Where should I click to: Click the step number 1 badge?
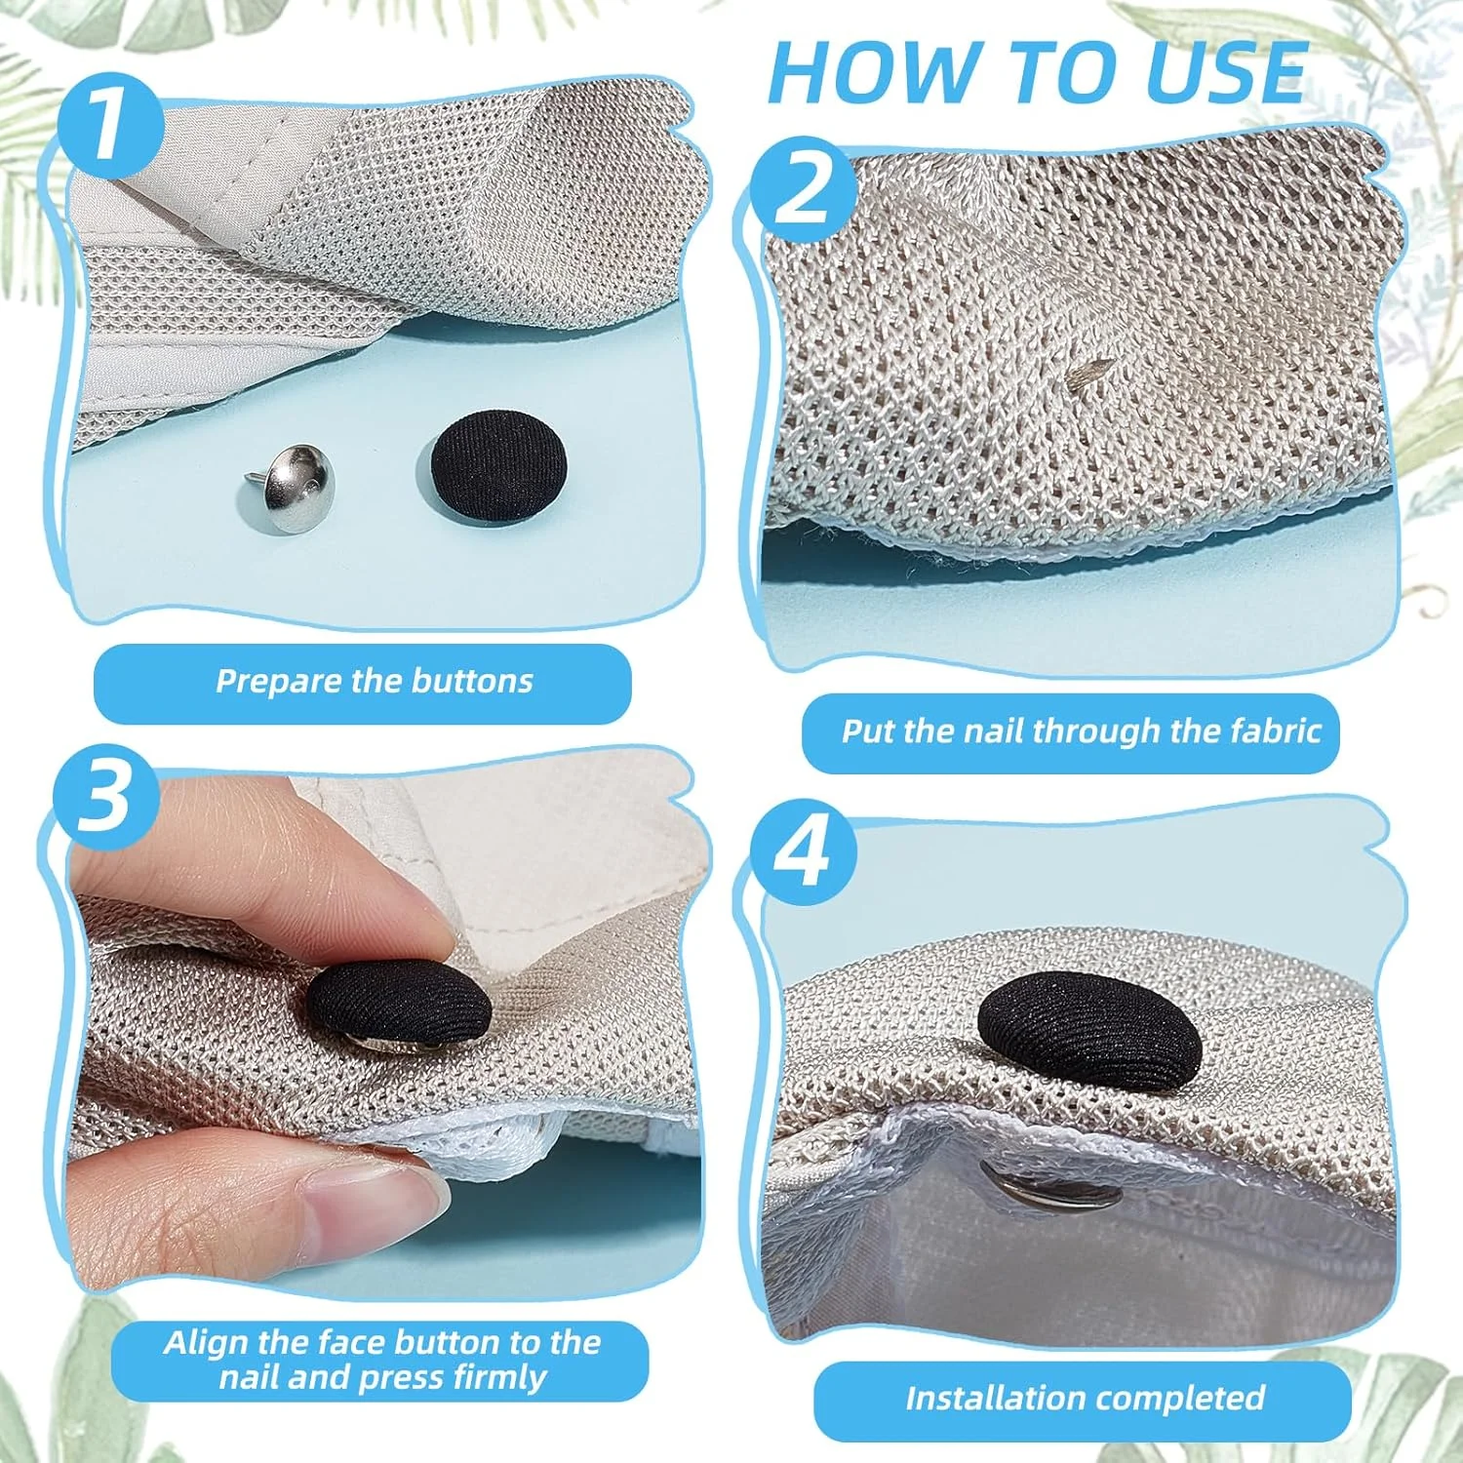point(109,126)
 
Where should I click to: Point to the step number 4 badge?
point(804,851)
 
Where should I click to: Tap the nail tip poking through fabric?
point(1090,371)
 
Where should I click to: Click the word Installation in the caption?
point(998,1398)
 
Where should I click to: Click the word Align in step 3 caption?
point(201,1343)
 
